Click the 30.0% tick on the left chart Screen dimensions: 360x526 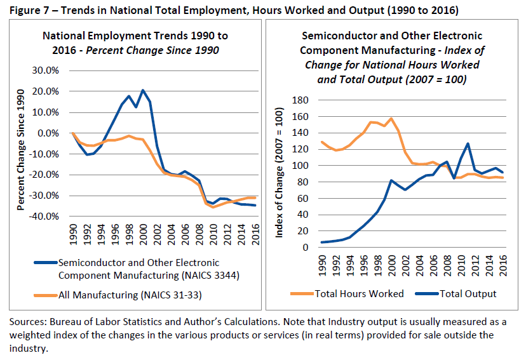click(x=55, y=70)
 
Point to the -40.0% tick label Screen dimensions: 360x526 click(x=53, y=217)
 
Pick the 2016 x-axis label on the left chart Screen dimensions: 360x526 click(x=254, y=236)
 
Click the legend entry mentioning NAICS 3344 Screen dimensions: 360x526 click(x=138, y=269)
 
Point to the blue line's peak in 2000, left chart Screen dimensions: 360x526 click(x=143, y=90)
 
